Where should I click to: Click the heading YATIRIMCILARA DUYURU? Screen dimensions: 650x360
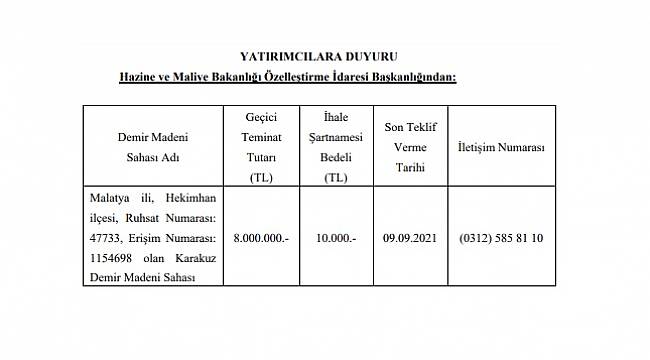pyautogui.click(x=325, y=57)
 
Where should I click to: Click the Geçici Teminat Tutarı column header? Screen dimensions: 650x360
pyautogui.click(x=261, y=147)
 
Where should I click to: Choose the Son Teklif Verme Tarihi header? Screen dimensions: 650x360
pyautogui.click(x=409, y=147)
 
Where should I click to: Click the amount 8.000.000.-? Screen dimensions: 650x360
pyautogui.click(x=261, y=239)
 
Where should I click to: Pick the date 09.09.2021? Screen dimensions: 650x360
pyautogui.click(x=409, y=239)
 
